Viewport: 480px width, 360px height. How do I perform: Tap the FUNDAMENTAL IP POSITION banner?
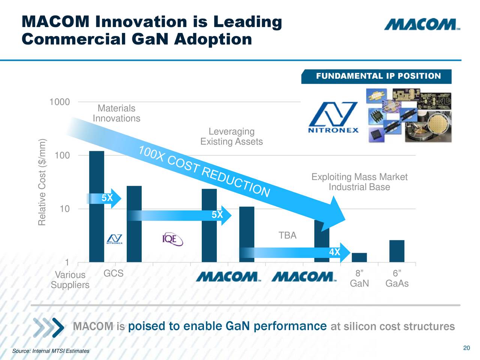tap(378, 76)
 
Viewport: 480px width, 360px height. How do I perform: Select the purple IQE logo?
tap(172, 239)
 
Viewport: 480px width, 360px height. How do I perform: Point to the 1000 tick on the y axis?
tap(59, 102)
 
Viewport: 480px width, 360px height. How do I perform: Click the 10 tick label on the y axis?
tap(64, 209)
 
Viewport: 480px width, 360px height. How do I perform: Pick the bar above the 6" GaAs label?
tap(397, 251)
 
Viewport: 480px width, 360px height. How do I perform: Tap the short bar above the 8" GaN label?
tap(359, 258)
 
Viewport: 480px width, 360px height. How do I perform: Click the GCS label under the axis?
tap(113, 273)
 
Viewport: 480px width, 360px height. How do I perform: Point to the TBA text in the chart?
tap(287, 235)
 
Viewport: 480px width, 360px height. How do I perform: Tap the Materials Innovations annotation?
tap(116, 113)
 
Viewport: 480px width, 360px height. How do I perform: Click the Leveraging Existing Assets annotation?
tap(231, 136)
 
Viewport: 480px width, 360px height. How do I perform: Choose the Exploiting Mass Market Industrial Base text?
tap(359, 182)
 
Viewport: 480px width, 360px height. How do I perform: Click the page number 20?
tap(466, 348)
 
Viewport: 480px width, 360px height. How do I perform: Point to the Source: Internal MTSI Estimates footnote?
tap(51, 351)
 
